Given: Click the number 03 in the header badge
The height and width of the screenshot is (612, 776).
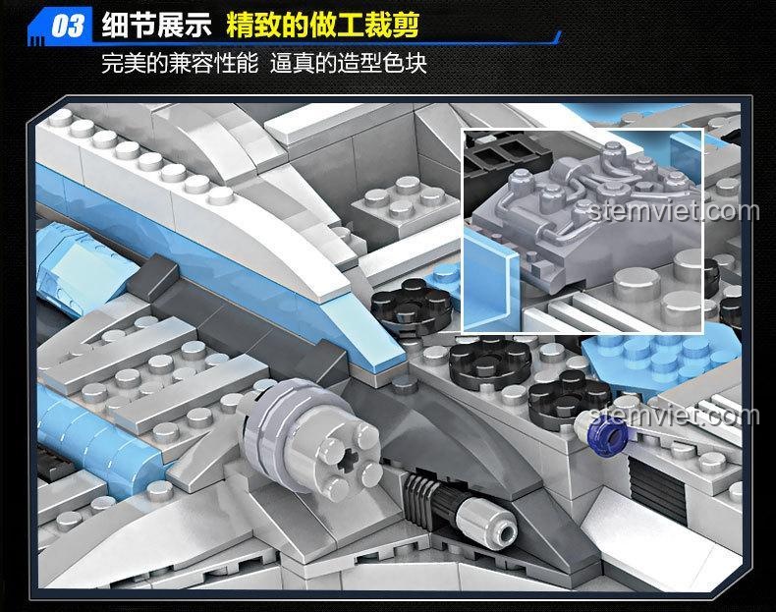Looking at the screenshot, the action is pos(68,26).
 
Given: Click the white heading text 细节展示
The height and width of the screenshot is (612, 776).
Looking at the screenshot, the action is pos(157,25).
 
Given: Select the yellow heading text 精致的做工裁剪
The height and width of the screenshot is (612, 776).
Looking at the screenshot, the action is pos(323,25).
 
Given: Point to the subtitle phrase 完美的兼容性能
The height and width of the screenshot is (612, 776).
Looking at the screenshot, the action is pos(180,64).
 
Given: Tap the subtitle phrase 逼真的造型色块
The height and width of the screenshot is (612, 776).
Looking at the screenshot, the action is pos(349,64).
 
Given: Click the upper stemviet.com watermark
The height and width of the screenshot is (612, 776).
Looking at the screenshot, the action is pos(674,211).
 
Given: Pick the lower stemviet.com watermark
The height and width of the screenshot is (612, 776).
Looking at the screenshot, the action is pos(674,416).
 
